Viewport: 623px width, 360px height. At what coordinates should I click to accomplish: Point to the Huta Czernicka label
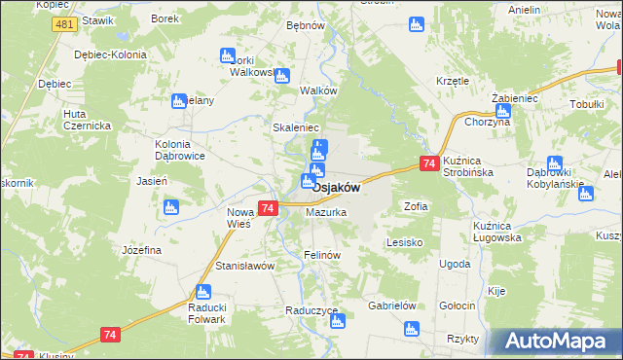tap(88, 120)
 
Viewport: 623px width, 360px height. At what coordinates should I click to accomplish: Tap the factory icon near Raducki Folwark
tap(203, 290)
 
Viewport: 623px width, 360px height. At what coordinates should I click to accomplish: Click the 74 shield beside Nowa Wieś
tap(269, 207)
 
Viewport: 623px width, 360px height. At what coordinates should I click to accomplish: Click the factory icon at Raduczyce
tap(338, 321)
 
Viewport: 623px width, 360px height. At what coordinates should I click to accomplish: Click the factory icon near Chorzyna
tap(502, 110)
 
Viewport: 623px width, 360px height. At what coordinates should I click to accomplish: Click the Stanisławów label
tap(246, 266)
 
